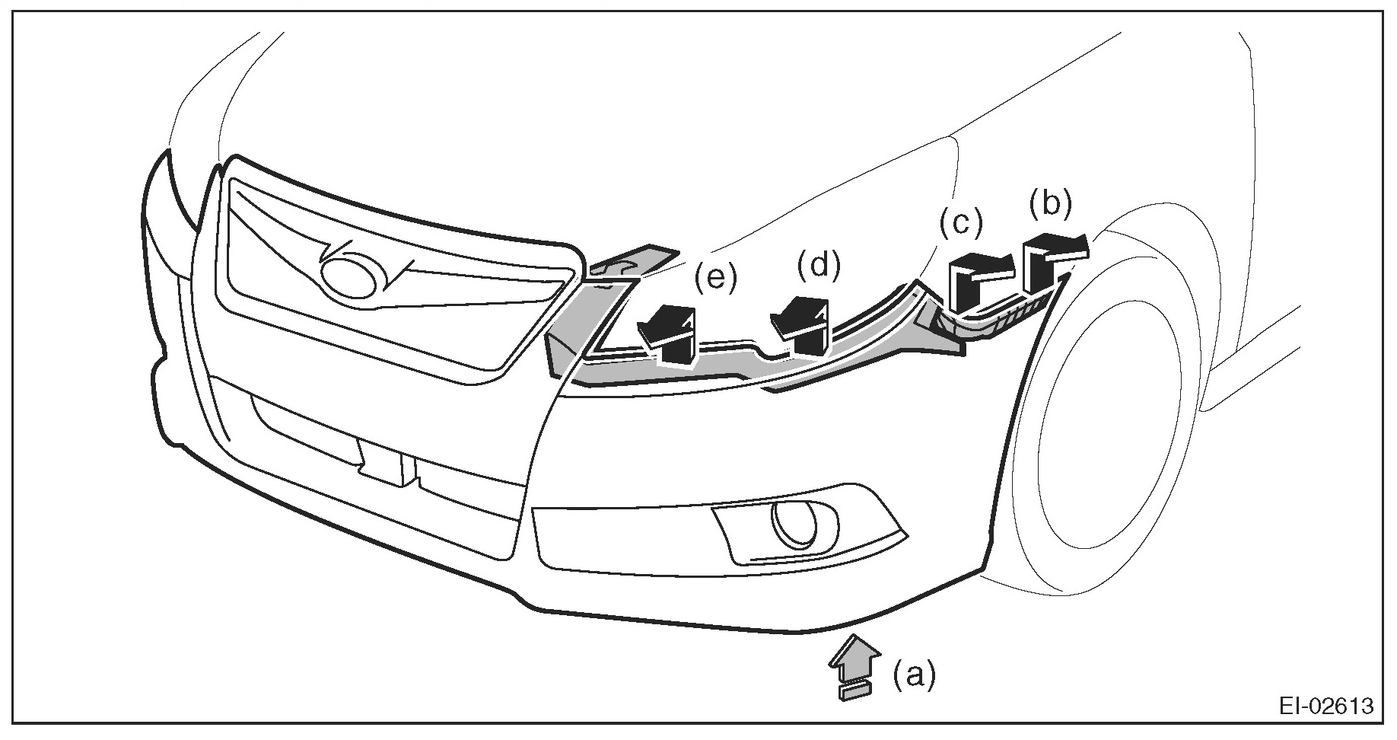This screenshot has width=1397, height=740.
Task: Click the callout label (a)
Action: (x=913, y=675)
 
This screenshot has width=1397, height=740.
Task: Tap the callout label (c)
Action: (x=960, y=223)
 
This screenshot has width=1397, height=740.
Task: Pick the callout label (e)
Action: (x=715, y=279)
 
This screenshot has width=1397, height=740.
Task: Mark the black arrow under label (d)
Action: (x=803, y=324)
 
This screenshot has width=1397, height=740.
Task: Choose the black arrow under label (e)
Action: (x=670, y=335)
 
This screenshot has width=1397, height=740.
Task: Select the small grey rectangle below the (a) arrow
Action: (x=854, y=691)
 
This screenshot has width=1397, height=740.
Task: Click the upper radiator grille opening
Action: (x=396, y=274)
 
